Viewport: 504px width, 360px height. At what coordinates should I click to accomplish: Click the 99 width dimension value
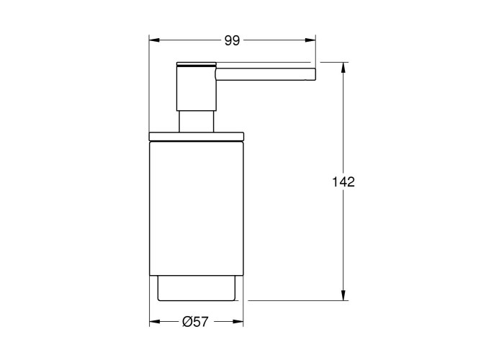pos(232,41)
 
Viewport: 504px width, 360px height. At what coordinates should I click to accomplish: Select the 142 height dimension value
pos(343,182)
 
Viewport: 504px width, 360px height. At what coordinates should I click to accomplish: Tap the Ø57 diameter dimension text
pos(195,321)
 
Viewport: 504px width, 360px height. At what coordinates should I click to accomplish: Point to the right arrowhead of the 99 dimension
pos(310,40)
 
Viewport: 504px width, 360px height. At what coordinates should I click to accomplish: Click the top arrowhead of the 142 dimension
pos(343,68)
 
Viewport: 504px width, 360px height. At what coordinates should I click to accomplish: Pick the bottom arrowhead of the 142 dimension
pos(343,295)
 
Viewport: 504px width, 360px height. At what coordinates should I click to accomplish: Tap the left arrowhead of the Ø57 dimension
pos(155,321)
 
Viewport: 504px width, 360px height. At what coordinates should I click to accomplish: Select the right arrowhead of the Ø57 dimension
pos(238,321)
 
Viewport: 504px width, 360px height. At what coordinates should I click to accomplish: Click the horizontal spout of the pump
pos(266,74)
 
